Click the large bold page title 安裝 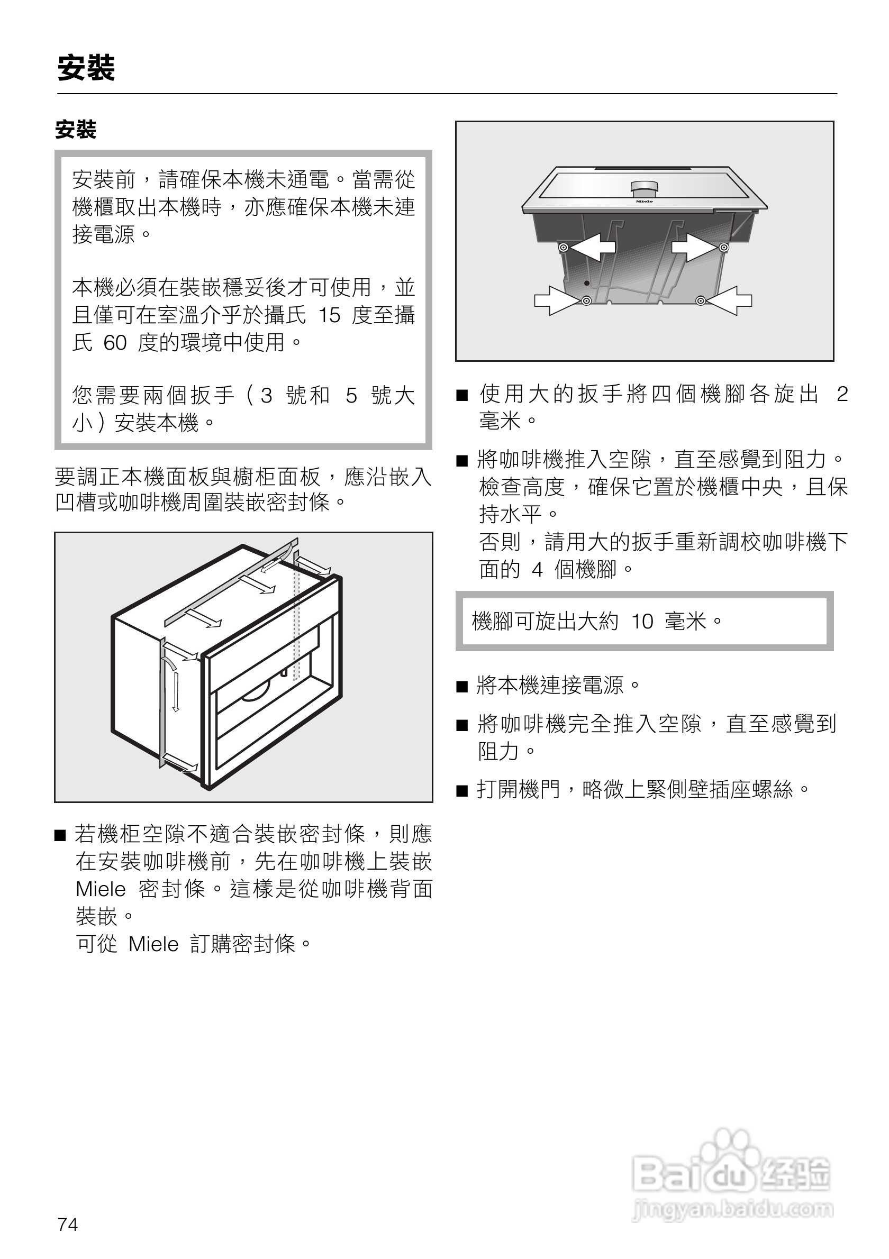click(86, 69)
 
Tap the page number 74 click(68, 1224)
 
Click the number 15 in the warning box click(329, 315)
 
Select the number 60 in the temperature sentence click(115, 343)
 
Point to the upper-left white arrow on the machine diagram click(593, 248)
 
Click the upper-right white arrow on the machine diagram click(694, 248)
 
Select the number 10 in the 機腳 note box click(642, 622)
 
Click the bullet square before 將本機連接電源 click(462, 687)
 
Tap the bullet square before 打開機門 click(462, 791)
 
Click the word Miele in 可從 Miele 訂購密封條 click(153, 944)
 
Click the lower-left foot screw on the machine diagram click(586, 301)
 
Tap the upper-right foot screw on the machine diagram click(723, 248)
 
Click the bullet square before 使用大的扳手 click(462, 395)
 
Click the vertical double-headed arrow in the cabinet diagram click(176, 691)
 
